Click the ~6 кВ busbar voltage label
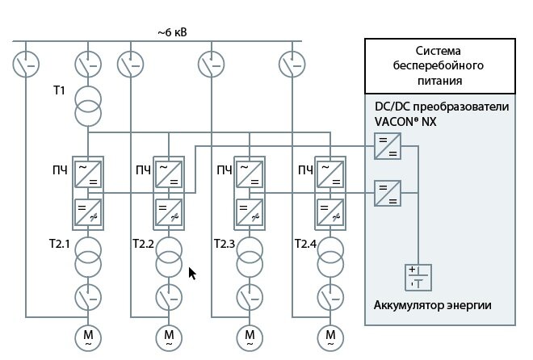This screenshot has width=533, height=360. click(173, 32)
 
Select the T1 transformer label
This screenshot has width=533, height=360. click(59, 90)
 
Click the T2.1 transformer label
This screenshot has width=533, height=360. click(64, 243)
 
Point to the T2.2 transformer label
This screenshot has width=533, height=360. click(144, 243)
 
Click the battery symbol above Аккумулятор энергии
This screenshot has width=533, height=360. click(418, 277)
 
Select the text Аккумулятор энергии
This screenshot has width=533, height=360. click(432, 305)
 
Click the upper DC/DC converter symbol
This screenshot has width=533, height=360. click(388, 148)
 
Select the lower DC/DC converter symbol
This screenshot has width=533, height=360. click(388, 193)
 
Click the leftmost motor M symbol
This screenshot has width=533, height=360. click(87, 335)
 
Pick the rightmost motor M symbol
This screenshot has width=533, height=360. click(330, 335)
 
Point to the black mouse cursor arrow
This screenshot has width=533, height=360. click(192, 273)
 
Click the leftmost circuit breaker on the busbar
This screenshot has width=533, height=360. click(26, 62)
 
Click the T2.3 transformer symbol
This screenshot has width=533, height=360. click(250, 256)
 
